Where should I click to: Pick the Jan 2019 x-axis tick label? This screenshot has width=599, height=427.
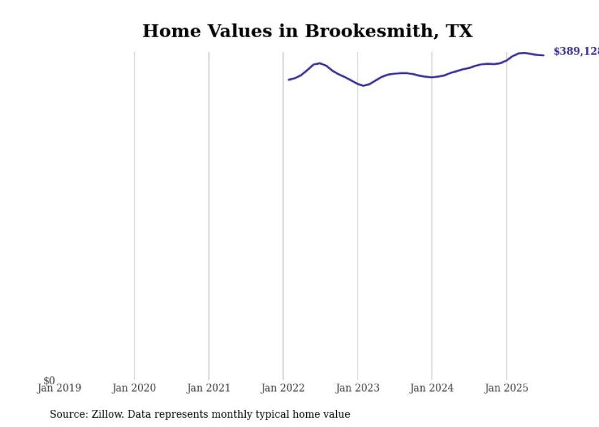point(59,388)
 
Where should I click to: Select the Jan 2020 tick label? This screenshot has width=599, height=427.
point(134,388)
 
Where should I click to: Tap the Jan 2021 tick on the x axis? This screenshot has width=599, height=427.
point(208,388)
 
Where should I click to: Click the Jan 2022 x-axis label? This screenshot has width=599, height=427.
point(283,388)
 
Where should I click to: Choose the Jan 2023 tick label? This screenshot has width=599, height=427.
point(358,388)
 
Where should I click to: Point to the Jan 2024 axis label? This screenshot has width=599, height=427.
point(432,388)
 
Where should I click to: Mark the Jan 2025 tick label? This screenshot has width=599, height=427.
point(507,388)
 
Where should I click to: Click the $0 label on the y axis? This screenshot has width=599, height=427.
point(49,381)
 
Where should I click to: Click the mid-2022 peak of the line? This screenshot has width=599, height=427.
point(319,63)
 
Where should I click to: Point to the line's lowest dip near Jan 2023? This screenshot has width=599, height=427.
point(363,86)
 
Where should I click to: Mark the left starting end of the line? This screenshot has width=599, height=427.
point(289,79)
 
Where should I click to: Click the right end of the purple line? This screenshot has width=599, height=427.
point(543,56)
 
